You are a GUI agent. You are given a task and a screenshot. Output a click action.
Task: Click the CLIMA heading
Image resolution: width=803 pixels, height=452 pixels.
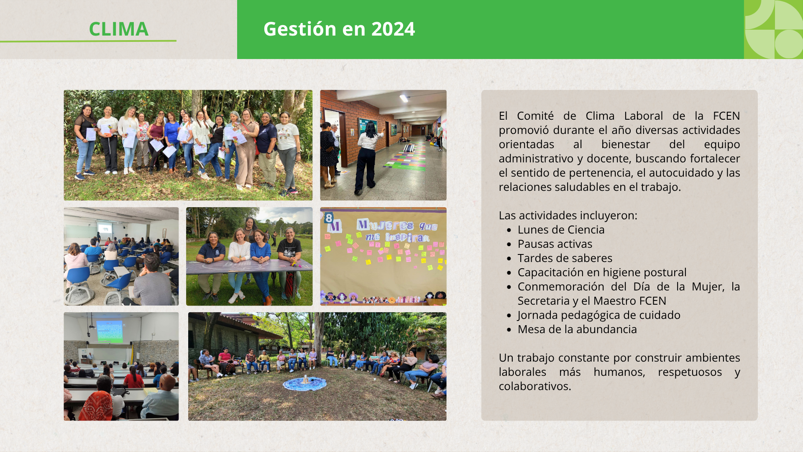(119, 29)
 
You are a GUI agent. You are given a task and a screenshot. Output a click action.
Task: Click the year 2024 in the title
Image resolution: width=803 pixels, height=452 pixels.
(393, 29)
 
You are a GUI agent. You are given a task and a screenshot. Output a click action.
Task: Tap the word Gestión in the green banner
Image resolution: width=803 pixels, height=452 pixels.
(300, 29)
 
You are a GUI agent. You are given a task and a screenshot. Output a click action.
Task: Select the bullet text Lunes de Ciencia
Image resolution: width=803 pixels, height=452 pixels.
(561, 229)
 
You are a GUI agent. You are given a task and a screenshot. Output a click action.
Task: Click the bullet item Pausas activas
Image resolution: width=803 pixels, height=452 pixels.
(555, 244)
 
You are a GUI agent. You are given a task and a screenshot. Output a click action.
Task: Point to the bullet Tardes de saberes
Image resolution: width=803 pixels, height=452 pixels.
(565, 258)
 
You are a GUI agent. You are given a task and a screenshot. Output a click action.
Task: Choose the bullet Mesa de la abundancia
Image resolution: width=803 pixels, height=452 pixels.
(577, 329)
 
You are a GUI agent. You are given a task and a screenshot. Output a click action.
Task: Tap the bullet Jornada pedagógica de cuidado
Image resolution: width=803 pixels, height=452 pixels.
(599, 315)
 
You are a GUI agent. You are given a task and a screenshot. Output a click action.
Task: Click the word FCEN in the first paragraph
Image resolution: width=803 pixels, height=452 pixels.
(726, 116)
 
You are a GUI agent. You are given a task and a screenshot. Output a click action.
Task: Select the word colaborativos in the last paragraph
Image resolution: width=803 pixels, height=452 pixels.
(534, 386)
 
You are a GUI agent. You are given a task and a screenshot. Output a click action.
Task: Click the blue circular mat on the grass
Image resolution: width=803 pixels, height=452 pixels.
(305, 383)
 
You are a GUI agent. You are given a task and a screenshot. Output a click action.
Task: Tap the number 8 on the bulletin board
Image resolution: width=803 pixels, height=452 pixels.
(329, 218)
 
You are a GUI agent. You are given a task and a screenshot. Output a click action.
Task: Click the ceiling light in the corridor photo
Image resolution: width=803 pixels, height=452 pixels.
(404, 98)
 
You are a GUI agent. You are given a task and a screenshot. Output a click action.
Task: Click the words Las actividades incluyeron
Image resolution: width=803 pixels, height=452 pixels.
(568, 216)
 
